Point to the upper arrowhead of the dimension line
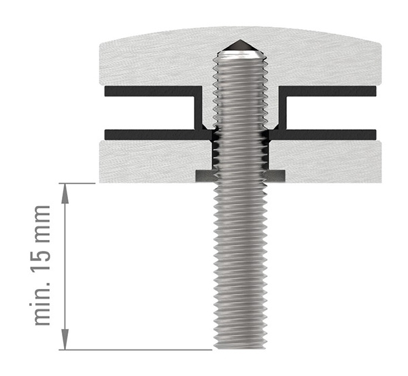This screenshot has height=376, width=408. click(65, 190)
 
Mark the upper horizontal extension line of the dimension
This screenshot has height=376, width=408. click(78, 183)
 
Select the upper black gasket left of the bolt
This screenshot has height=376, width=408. click(150, 90)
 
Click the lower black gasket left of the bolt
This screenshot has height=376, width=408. click(150, 132)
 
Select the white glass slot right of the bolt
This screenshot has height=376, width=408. click(330, 111)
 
